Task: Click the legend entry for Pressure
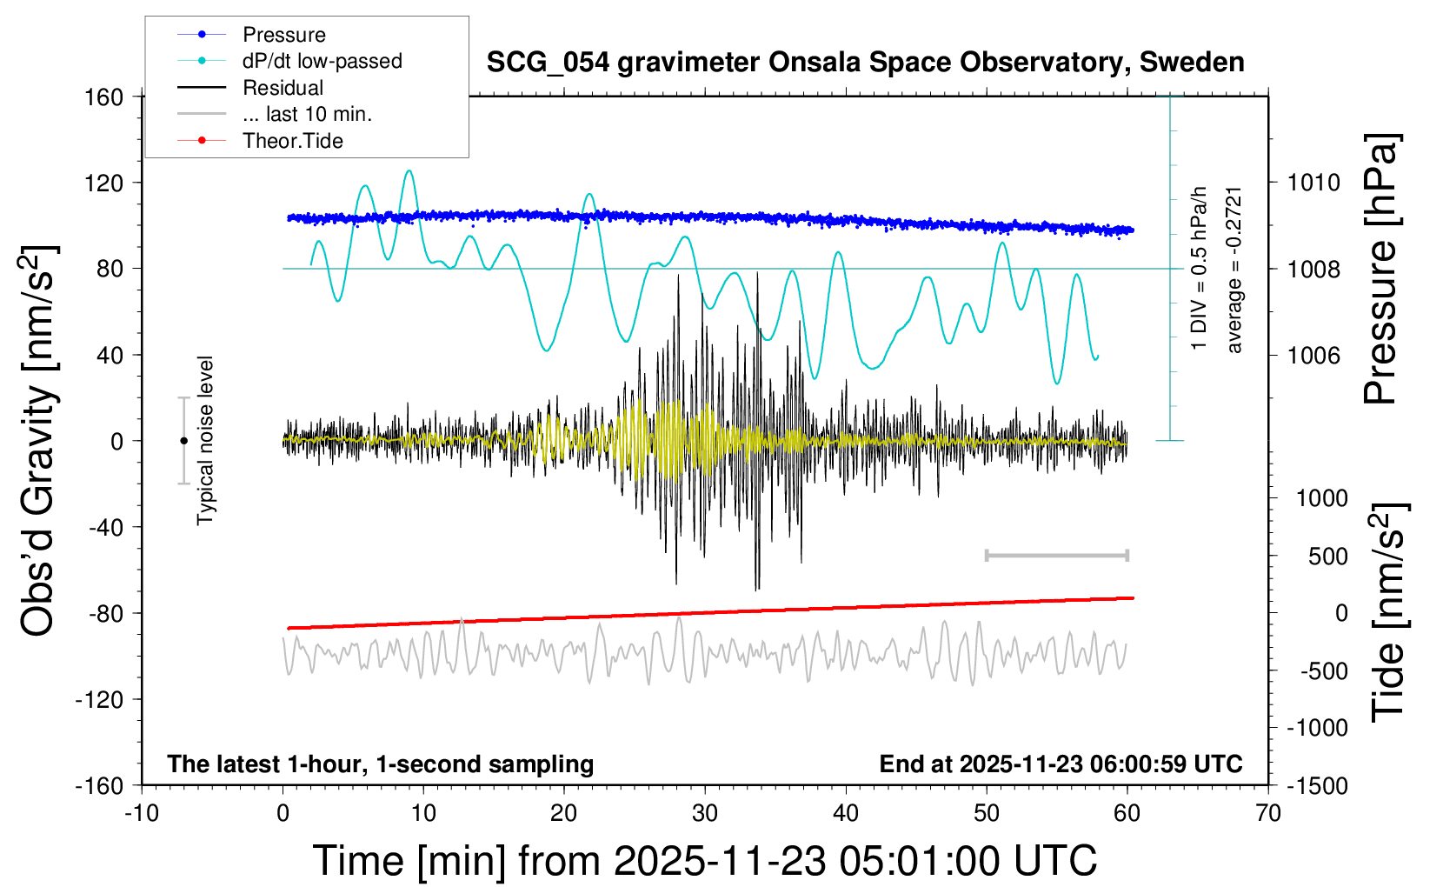click(283, 35)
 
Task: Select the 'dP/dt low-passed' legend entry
click(322, 61)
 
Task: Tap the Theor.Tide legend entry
click(292, 141)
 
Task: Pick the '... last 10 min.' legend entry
click(307, 114)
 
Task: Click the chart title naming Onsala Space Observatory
click(865, 63)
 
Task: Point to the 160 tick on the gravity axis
click(103, 97)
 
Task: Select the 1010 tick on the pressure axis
click(1313, 183)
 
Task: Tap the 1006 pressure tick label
click(1313, 355)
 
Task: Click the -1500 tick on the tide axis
click(1317, 785)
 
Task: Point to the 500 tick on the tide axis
click(1327, 556)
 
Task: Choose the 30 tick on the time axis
click(705, 813)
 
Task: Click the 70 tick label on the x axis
click(1268, 813)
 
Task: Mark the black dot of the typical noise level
click(183, 441)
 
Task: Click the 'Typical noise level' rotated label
click(205, 440)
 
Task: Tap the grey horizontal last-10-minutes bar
click(1056, 555)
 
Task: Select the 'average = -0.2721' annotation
click(1234, 270)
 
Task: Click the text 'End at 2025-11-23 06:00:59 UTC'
click(1061, 764)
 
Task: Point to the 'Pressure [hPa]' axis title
click(1380, 270)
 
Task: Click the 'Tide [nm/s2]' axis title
click(1387, 612)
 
